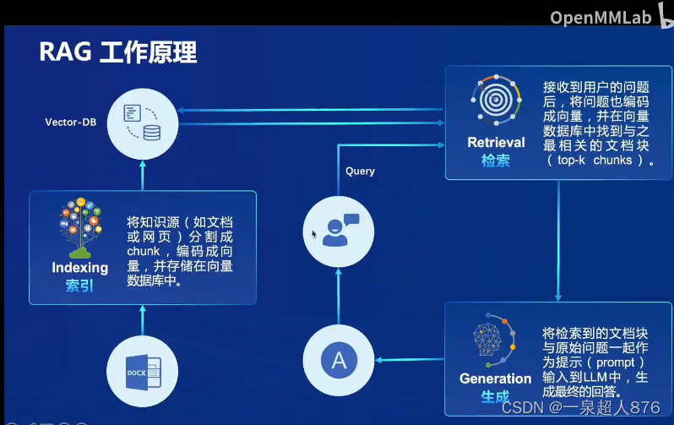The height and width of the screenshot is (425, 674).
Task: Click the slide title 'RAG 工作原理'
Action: (x=118, y=53)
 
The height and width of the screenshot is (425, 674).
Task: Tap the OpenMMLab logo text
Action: (x=602, y=17)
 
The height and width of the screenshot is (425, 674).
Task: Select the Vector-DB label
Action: (x=71, y=122)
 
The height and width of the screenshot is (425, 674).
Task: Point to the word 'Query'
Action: (x=360, y=171)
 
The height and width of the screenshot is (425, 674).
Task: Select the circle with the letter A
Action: (x=338, y=361)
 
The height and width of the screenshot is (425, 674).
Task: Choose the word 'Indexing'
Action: (x=80, y=268)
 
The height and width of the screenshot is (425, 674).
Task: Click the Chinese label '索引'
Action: (x=80, y=286)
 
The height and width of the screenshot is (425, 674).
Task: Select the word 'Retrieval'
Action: (x=497, y=142)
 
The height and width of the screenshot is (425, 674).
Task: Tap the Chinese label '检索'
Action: (x=497, y=160)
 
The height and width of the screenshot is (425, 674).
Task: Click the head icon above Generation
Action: (x=494, y=341)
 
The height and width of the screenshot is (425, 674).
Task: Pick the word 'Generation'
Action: (x=496, y=379)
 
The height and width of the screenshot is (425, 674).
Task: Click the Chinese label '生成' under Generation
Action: (x=496, y=396)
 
